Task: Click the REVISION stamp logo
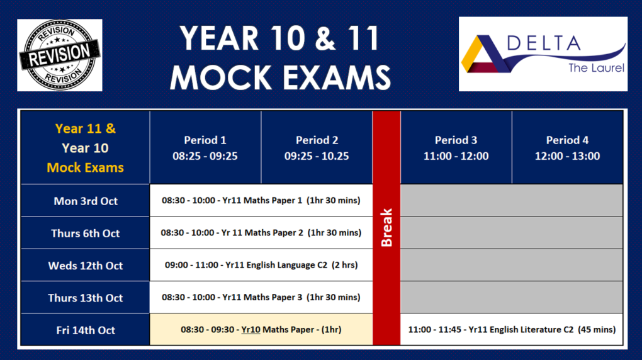click(x=59, y=55)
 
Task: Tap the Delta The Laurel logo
click(x=543, y=54)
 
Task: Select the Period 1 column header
click(x=205, y=148)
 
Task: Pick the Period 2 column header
click(x=317, y=148)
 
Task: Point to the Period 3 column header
click(x=456, y=148)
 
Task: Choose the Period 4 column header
click(x=567, y=148)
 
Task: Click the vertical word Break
click(x=386, y=227)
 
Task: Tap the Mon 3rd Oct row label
click(x=86, y=201)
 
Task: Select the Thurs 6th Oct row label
click(x=86, y=233)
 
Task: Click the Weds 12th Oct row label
click(x=86, y=265)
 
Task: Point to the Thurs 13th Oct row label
click(x=86, y=298)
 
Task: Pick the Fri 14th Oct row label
click(x=86, y=330)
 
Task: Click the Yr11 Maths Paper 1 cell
click(x=261, y=201)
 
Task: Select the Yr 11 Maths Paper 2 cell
click(x=261, y=233)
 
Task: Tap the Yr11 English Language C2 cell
click(x=261, y=265)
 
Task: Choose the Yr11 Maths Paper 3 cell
click(x=261, y=297)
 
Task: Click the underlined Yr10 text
click(x=251, y=330)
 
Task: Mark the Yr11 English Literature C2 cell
click(x=511, y=329)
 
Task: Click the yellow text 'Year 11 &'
click(x=86, y=129)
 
